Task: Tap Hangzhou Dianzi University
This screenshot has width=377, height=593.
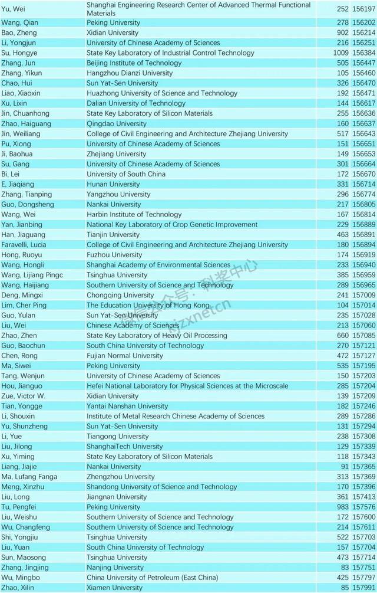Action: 130,73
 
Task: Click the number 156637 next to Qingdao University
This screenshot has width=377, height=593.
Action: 363,124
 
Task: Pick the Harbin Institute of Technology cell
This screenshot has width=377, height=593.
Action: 134,215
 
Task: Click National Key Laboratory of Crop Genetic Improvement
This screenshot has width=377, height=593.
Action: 172,225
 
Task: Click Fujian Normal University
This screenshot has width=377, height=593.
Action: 125,356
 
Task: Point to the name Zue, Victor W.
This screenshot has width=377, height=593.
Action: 24,396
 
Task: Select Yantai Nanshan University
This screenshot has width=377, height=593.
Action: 127,406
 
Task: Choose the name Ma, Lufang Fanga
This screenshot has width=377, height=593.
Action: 29,477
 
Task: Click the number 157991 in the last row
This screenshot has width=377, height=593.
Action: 363,588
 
